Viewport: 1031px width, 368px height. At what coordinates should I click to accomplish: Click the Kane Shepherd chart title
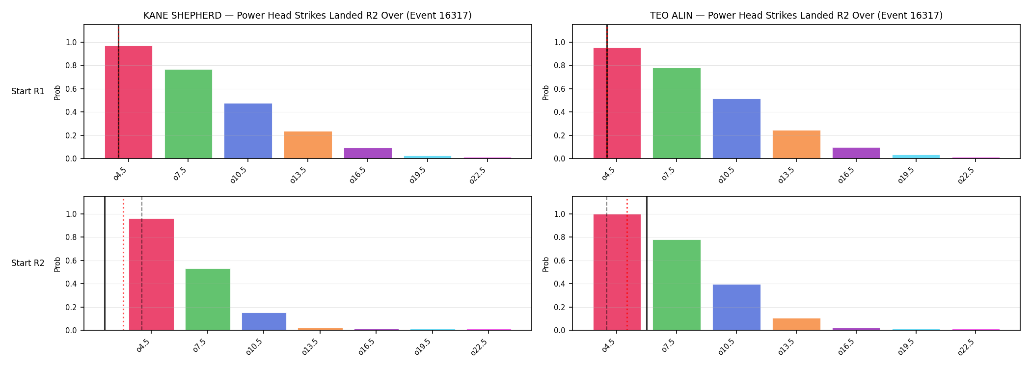pos(307,16)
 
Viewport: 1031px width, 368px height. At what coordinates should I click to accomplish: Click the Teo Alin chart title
pos(796,16)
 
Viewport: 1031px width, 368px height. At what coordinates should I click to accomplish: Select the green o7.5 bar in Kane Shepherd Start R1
pos(189,114)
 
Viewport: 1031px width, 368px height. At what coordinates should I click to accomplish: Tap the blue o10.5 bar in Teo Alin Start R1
pos(736,129)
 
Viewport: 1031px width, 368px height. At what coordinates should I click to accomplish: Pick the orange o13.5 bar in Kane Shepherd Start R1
pos(308,145)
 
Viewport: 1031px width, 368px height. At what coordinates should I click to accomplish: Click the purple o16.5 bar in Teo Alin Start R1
pos(856,153)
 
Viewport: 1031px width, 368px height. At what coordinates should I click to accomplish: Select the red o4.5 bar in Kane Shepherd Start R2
pos(151,274)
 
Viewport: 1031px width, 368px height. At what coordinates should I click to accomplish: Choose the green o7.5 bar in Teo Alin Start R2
pos(677,285)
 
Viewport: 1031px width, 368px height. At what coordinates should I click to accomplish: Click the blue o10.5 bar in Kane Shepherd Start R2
pos(264,321)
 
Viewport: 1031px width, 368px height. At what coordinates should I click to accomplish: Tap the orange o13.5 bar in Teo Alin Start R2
pos(796,324)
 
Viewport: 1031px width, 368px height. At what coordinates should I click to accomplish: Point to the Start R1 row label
pos(28,91)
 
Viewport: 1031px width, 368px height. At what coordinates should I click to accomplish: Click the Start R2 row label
pos(28,263)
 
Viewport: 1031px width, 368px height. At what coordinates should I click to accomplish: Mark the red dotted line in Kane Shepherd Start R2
pos(123,264)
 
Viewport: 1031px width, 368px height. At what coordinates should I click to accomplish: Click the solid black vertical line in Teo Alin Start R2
pos(647,263)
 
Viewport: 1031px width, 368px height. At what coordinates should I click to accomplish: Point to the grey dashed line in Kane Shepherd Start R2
pos(142,263)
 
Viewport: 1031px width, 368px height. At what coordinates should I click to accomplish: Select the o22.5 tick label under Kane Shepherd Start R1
pos(478,175)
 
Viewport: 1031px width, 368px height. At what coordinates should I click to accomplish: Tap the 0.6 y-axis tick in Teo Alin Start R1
pos(560,89)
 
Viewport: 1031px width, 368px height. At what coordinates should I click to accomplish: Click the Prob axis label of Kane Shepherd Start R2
pos(57,264)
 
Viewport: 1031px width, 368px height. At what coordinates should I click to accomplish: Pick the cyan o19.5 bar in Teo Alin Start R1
pos(916,157)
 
